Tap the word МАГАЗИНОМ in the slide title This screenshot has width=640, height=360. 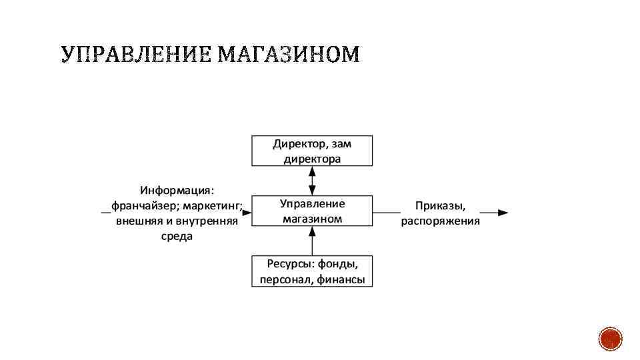point(288,55)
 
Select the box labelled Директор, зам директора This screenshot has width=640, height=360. point(312,151)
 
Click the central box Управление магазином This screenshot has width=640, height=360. point(312,211)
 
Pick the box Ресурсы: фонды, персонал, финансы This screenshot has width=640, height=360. point(312,271)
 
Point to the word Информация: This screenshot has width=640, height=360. point(177,190)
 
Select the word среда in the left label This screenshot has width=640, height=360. point(177,237)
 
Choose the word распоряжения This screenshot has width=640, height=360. point(440,221)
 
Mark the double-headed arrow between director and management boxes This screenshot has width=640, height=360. point(312,180)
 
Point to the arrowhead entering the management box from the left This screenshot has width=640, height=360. point(247,213)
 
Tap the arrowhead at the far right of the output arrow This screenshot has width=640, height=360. point(503,213)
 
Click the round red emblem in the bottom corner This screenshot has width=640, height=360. point(610,340)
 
